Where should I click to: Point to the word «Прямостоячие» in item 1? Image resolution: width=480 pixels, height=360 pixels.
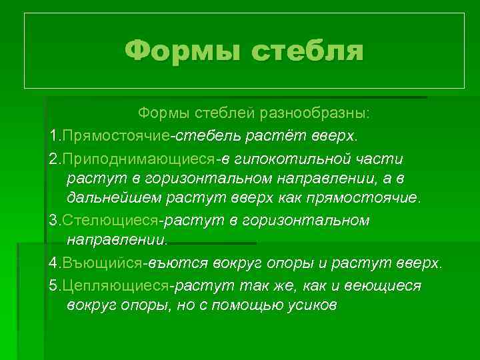click(115, 137)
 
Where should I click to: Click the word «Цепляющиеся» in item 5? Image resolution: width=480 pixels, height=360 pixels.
click(115, 286)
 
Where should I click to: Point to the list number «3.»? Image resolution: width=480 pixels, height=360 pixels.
click(55, 221)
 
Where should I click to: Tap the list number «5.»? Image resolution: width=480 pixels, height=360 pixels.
click(55, 286)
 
